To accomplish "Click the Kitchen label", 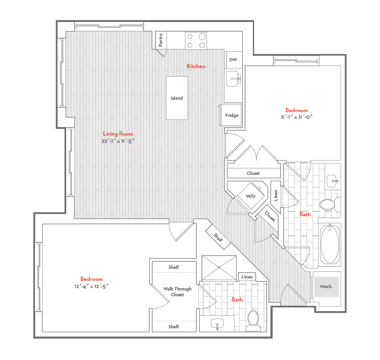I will pyautogui.click(x=196, y=66).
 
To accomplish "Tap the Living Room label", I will pyautogui.click(x=118, y=134).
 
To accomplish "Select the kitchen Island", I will pyautogui.click(x=177, y=98).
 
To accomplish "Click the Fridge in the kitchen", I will pyautogui.click(x=233, y=115).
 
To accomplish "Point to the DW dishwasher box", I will pyautogui.click(x=233, y=60).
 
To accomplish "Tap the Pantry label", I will pyautogui.click(x=161, y=39).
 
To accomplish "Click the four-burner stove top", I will pyautogui.click(x=196, y=40).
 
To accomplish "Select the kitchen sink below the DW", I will pyautogui.click(x=234, y=78).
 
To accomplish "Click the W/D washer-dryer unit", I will pyautogui.click(x=251, y=197).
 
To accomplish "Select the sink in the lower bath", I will pyautogui.click(x=218, y=325).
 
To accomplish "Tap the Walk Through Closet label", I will pyautogui.click(x=177, y=291).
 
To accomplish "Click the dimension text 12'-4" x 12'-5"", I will pyautogui.click(x=92, y=287).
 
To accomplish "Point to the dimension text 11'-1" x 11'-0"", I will pyautogui.click(x=297, y=117).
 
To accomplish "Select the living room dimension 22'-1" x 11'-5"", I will pyautogui.click(x=118, y=141).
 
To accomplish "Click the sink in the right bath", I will pyautogui.click(x=334, y=181).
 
